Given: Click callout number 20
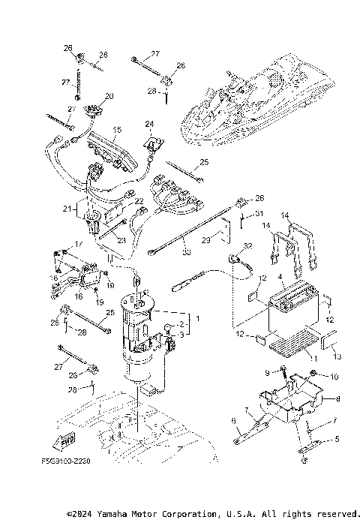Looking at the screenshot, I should click(109, 96).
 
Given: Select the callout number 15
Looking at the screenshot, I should click(117, 130).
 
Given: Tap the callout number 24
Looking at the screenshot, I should click(149, 123).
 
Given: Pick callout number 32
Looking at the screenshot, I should click(248, 246).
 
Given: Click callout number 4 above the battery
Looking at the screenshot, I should click(279, 278).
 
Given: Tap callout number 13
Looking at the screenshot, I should click(336, 356).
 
